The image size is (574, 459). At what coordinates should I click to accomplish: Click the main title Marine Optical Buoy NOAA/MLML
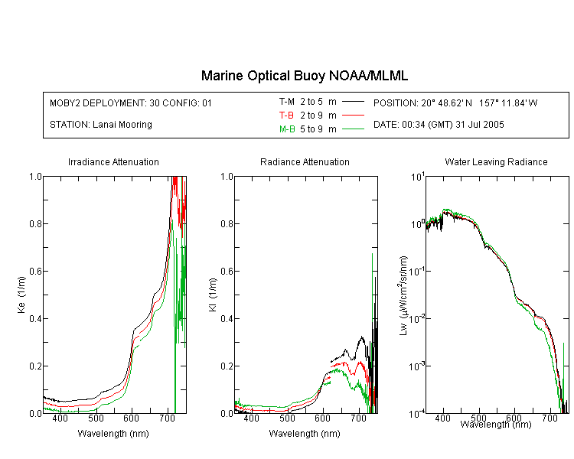pyautogui.click(x=304, y=76)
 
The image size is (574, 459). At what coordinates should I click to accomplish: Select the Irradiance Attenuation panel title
pyautogui.click(x=113, y=161)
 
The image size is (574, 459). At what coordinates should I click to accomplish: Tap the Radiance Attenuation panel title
pyautogui.click(x=305, y=161)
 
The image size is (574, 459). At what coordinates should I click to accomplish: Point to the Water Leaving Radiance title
pyautogui.click(x=496, y=161)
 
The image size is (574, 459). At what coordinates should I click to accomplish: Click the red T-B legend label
pyautogui.click(x=286, y=116)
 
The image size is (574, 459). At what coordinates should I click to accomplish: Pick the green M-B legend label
pyautogui.click(x=287, y=129)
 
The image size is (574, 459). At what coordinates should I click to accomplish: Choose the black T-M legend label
pyautogui.click(x=287, y=102)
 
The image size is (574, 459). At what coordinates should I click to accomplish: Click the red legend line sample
pyautogui.click(x=353, y=116)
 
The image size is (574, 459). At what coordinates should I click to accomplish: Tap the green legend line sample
pyautogui.click(x=353, y=129)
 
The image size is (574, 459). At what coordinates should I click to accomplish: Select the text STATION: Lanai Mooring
pyautogui.click(x=101, y=125)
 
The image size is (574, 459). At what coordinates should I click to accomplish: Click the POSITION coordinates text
pyautogui.click(x=455, y=103)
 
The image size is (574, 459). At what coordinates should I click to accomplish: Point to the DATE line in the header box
pyautogui.click(x=439, y=125)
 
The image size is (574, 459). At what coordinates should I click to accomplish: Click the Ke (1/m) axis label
pyautogui.click(x=21, y=295)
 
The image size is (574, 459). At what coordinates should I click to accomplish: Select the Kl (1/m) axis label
pyautogui.click(x=213, y=295)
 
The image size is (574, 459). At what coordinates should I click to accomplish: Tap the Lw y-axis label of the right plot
pyautogui.click(x=403, y=295)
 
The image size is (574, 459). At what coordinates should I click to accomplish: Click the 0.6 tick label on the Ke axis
pyautogui.click(x=35, y=272)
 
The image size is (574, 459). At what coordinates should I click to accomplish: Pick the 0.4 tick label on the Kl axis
pyautogui.click(x=227, y=319)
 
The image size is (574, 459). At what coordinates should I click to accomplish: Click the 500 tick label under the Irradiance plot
pyautogui.click(x=96, y=418)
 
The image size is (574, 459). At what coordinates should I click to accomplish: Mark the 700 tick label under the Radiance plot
pyautogui.click(x=359, y=418)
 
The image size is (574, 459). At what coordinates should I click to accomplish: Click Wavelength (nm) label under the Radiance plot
pyautogui.click(x=305, y=434)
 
